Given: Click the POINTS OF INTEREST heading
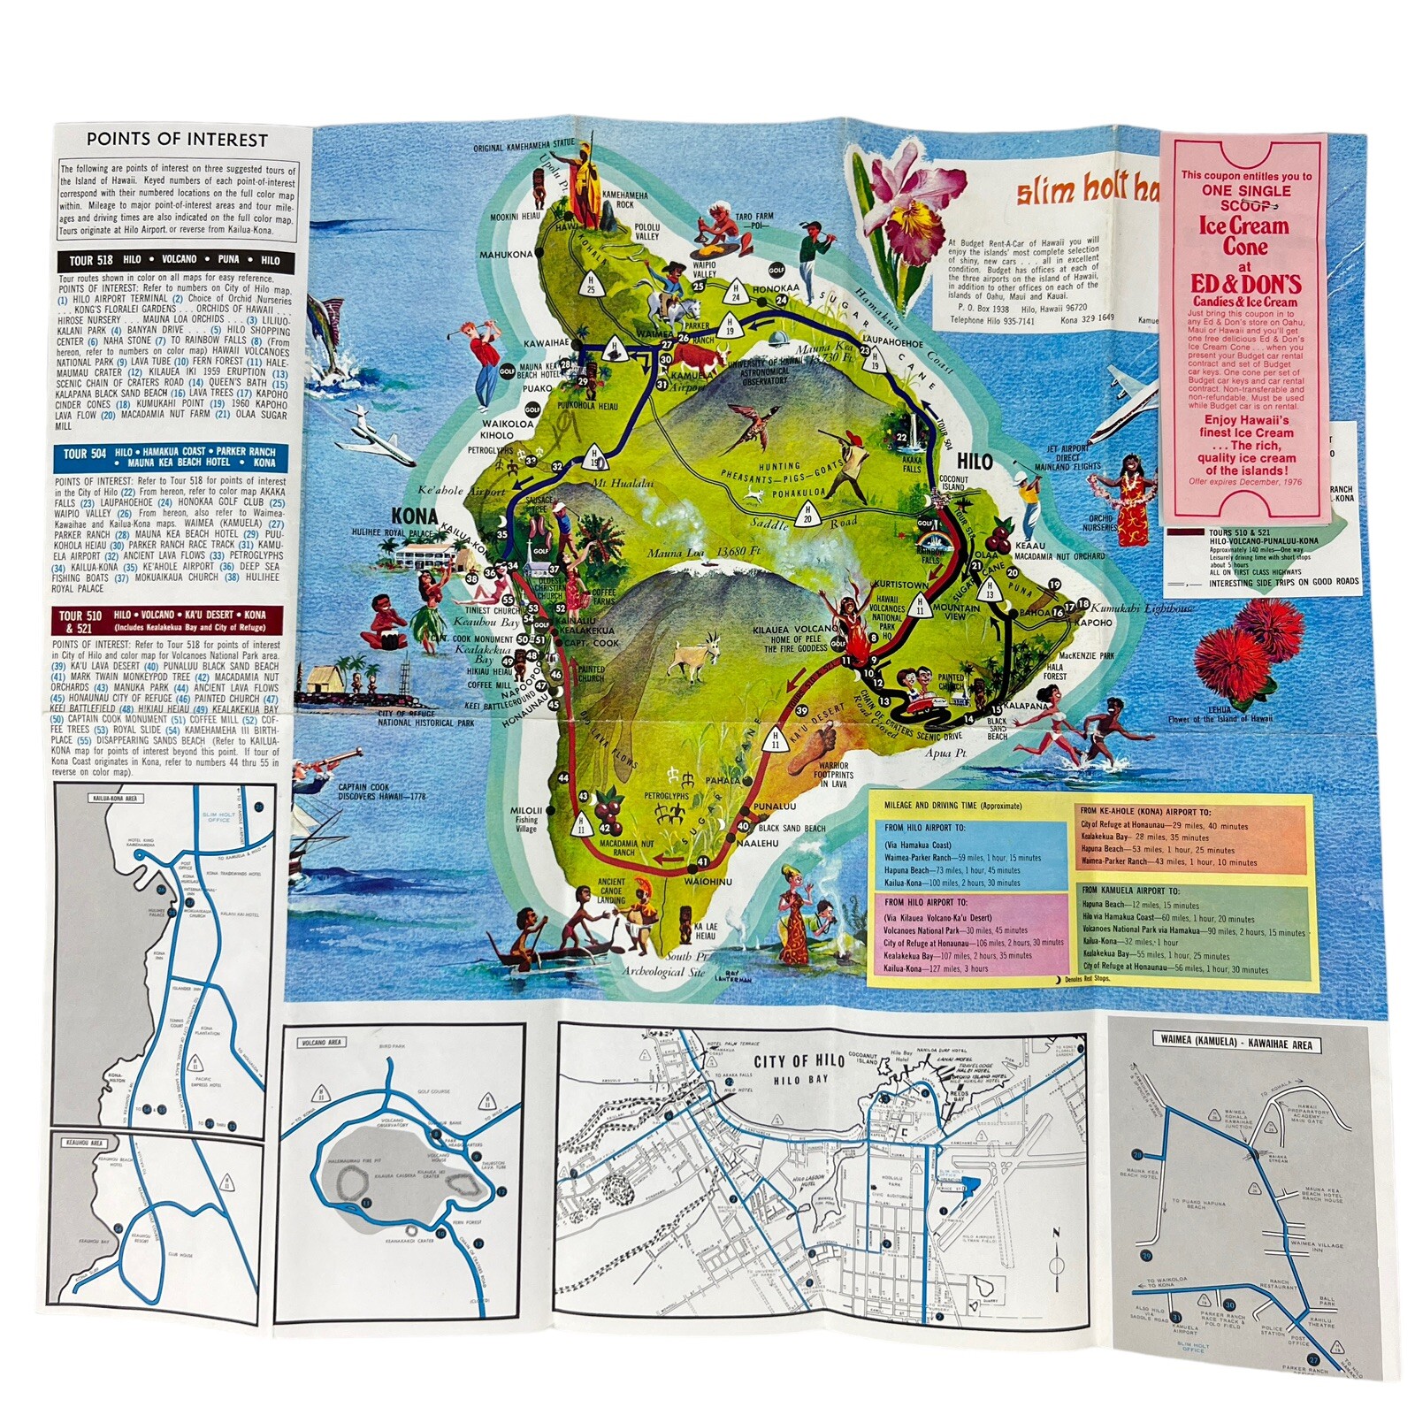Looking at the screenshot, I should (x=177, y=140).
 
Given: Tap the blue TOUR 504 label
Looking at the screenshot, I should (x=85, y=454).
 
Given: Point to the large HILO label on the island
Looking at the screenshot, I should (x=974, y=462).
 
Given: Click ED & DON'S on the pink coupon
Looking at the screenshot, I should (x=1245, y=285).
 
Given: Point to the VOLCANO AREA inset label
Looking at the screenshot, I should (x=322, y=1043).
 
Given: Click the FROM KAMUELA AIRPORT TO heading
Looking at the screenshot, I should (x=1130, y=891).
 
